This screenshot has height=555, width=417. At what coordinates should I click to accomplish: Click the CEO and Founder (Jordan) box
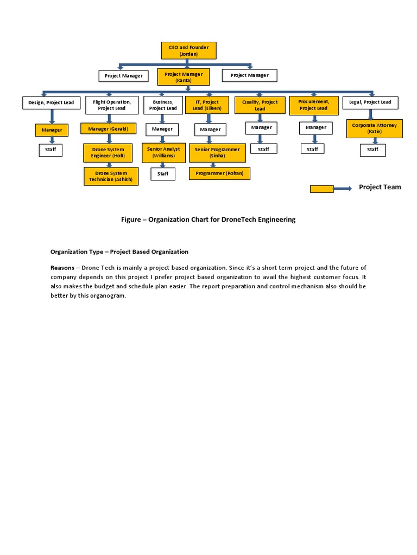pyautogui.click(x=188, y=50)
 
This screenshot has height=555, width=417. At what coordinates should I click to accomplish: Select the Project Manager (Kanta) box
pyautogui.click(x=183, y=77)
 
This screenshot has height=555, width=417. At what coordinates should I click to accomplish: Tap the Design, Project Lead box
pyautogui.click(x=52, y=102)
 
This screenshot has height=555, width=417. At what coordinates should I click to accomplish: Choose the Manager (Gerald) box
pyautogui.click(x=108, y=128)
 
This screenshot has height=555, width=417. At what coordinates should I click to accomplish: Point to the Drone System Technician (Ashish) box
pyautogui.click(x=111, y=176)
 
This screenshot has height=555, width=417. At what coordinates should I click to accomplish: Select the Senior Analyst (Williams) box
pyautogui.click(x=163, y=152)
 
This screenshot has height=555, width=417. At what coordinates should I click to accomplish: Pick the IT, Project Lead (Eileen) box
pyautogui.click(x=207, y=105)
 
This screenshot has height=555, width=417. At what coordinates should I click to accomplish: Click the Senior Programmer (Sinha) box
pyautogui.click(x=217, y=152)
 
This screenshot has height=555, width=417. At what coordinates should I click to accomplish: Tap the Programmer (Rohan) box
pyautogui.click(x=219, y=173)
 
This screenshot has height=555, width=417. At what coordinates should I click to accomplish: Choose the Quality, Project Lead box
pyautogui.click(x=260, y=105)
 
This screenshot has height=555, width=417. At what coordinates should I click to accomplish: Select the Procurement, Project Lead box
pyautogui.click(x=313, y=105)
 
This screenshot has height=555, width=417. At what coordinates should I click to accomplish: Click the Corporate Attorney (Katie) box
pyautogui.click(x=374, y=128)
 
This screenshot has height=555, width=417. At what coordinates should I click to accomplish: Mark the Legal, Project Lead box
pyautogui.click(x=370, y=102)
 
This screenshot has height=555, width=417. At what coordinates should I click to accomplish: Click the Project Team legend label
pyautogui.click(x=380, y=187)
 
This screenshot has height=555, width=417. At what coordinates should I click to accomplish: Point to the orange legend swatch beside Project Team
pyautogui.click(x=321, y=189)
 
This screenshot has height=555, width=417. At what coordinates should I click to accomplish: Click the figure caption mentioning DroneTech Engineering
pyautogui.click(x=208, y=220)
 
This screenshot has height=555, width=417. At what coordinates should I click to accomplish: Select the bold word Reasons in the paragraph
pyautogui.click(x=62, y=268)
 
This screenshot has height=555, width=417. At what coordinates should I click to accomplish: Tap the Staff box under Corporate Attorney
pyautogui.click(x=372, y=150)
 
